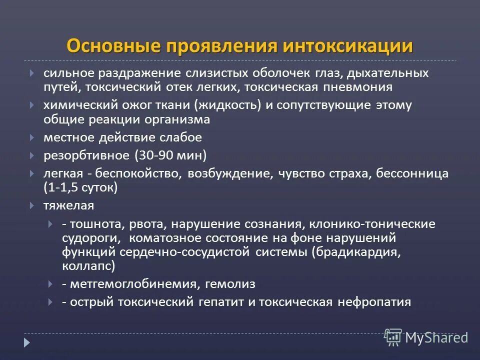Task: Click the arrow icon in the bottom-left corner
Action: (x=27, y=343)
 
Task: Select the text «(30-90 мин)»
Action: (x=170, y=155)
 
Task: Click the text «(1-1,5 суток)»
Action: (x=80, y=187)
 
